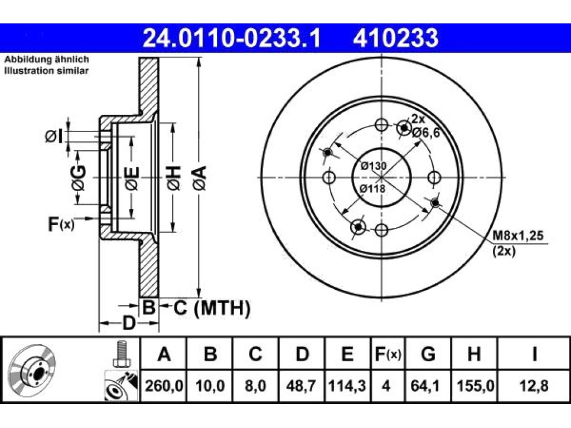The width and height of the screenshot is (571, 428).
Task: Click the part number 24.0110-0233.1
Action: pyautogui.click(x=231, y=38)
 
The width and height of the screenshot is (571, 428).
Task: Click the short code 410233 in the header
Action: pyautogui.click(x=395, y=38)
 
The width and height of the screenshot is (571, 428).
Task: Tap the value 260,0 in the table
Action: pyautogui.click(x=164, y=386)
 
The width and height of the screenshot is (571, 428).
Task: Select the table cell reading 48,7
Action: pyautogui.click(x=302, y=386)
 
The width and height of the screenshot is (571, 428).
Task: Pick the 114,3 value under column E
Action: pyautogui.click(x=347, y=386)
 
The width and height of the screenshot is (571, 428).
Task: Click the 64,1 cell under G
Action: pyautogui.click(x=428, y=386)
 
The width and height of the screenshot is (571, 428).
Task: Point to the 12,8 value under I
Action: pyautogui.click(x=534, y=386)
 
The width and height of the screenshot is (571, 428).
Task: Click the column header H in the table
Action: pyautogui.click(x=474, y=353)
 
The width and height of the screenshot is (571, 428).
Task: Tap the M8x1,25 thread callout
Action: pyautogui.click(x=518, y=236)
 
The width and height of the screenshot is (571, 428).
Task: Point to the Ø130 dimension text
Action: pyautogui.click(x=374, y=166)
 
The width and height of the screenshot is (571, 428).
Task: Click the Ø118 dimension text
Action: pyautogui.click(x=372, y=188)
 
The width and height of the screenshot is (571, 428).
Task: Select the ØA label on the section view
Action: pyautogui.click(x=201, y=178)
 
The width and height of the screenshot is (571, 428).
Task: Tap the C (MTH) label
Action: pyautogui.click(x=212, y=308)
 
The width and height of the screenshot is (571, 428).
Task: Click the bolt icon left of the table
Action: pyautogui.click(x=121, y=353)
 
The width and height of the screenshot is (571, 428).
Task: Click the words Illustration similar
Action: pyautogui.click(x=46, y=71)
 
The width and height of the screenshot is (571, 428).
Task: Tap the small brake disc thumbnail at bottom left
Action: pyautogui.click(x=31, y=371)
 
